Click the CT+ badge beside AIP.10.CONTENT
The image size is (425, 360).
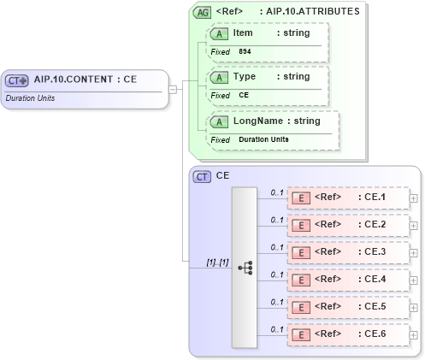17,80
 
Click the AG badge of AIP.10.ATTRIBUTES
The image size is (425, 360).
203,12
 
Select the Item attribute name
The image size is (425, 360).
243,32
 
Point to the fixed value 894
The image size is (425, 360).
245,51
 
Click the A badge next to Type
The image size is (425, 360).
219,77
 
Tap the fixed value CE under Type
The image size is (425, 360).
244,95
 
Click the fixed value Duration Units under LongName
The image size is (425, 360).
263,139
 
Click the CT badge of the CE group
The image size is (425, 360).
203,176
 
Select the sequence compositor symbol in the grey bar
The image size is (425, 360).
245,267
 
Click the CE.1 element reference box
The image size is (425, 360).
347,198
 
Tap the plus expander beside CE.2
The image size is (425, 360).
414,226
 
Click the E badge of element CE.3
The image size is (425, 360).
301,253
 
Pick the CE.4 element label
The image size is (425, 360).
371,280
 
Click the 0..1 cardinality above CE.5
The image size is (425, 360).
277,302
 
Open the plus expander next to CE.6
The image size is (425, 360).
414,335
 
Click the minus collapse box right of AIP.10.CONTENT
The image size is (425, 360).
172,88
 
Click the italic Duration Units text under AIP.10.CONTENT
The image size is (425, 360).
32,98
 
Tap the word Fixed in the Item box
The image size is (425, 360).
220,51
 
